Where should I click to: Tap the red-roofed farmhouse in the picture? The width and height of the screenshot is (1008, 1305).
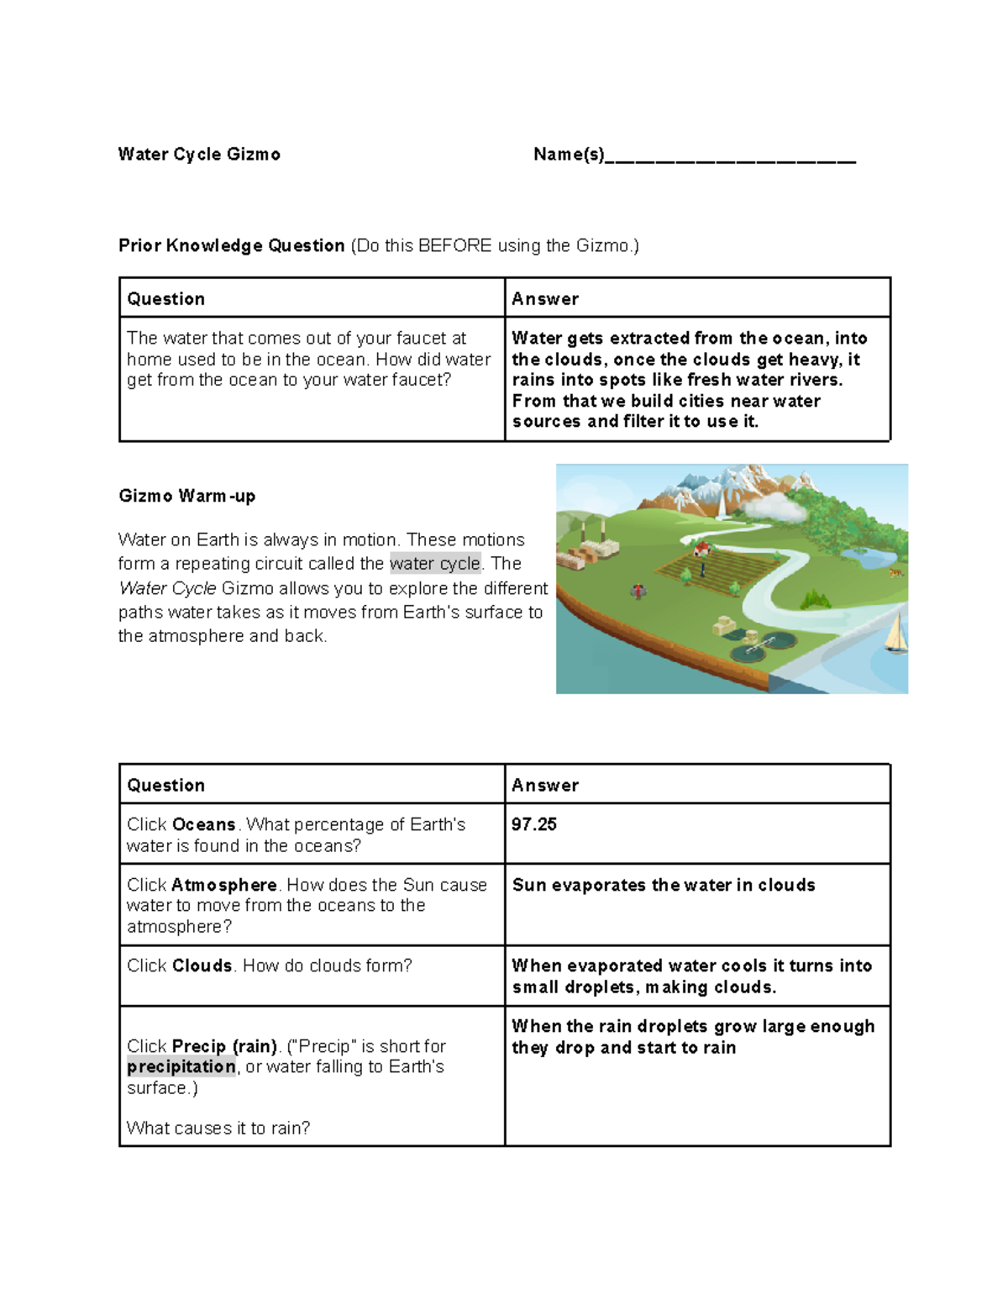tap(702, 550)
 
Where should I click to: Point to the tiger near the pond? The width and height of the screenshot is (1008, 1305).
tap(895, 573)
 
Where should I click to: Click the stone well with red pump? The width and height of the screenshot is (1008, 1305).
tap(639, 591)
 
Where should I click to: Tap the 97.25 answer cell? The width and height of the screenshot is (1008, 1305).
tap(534, 824)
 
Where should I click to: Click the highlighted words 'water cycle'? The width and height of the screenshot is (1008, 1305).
tap(435, 563)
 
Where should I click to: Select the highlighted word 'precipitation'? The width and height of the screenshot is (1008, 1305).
tap(181, 1066)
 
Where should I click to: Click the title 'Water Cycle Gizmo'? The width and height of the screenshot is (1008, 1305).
tap(199, 154)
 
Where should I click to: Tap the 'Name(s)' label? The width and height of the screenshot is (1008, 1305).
tap(569, 154)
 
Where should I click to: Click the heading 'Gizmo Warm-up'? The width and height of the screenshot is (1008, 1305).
tap(186, 496)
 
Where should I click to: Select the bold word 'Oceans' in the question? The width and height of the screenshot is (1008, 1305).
tap(203, 824)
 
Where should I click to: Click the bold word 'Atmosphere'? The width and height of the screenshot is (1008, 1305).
tap(223, 885)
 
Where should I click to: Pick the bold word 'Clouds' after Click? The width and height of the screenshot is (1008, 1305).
tap(202, 966)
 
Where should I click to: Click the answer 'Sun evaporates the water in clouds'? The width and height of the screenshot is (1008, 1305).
tap(664, 885)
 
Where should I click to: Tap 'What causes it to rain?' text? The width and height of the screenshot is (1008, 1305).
tap(218, 1128)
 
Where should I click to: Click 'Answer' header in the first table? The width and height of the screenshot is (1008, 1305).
tap(545, 299)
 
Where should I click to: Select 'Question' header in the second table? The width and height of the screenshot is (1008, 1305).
tap(165, 786)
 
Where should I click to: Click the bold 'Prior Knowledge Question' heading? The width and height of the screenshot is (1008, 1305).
tap(232, 245)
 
